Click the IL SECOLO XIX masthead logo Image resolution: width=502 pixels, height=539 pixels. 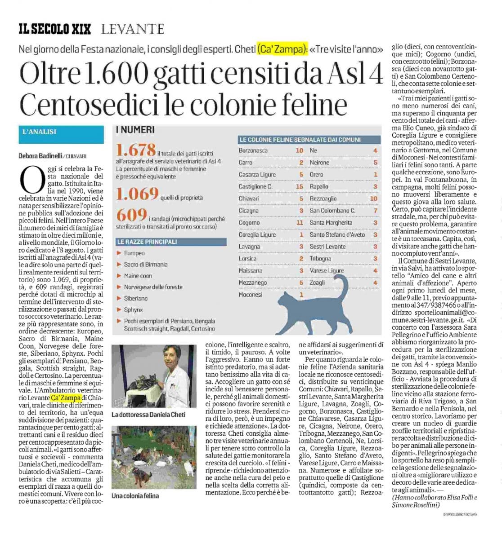coord(54,30)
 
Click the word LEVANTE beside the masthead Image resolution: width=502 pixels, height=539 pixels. coord(132,30)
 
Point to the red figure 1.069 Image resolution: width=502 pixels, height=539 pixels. coord(137,194)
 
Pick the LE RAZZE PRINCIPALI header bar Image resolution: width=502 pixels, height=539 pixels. coord(147,242)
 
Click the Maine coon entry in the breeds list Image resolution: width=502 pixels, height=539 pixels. coord(138,276)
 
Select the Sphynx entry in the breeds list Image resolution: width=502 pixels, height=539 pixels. coord(133,309)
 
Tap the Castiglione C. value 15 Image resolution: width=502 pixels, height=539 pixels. coord(300,186)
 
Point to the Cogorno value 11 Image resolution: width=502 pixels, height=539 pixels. coord(300,222)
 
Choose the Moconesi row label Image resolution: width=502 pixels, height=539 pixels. coord(250,295)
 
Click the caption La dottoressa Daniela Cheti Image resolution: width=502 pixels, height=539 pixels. coord(148,414)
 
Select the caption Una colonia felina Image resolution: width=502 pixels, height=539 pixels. coord(135,495)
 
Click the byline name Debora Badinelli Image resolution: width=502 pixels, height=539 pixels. coord(41,156)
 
